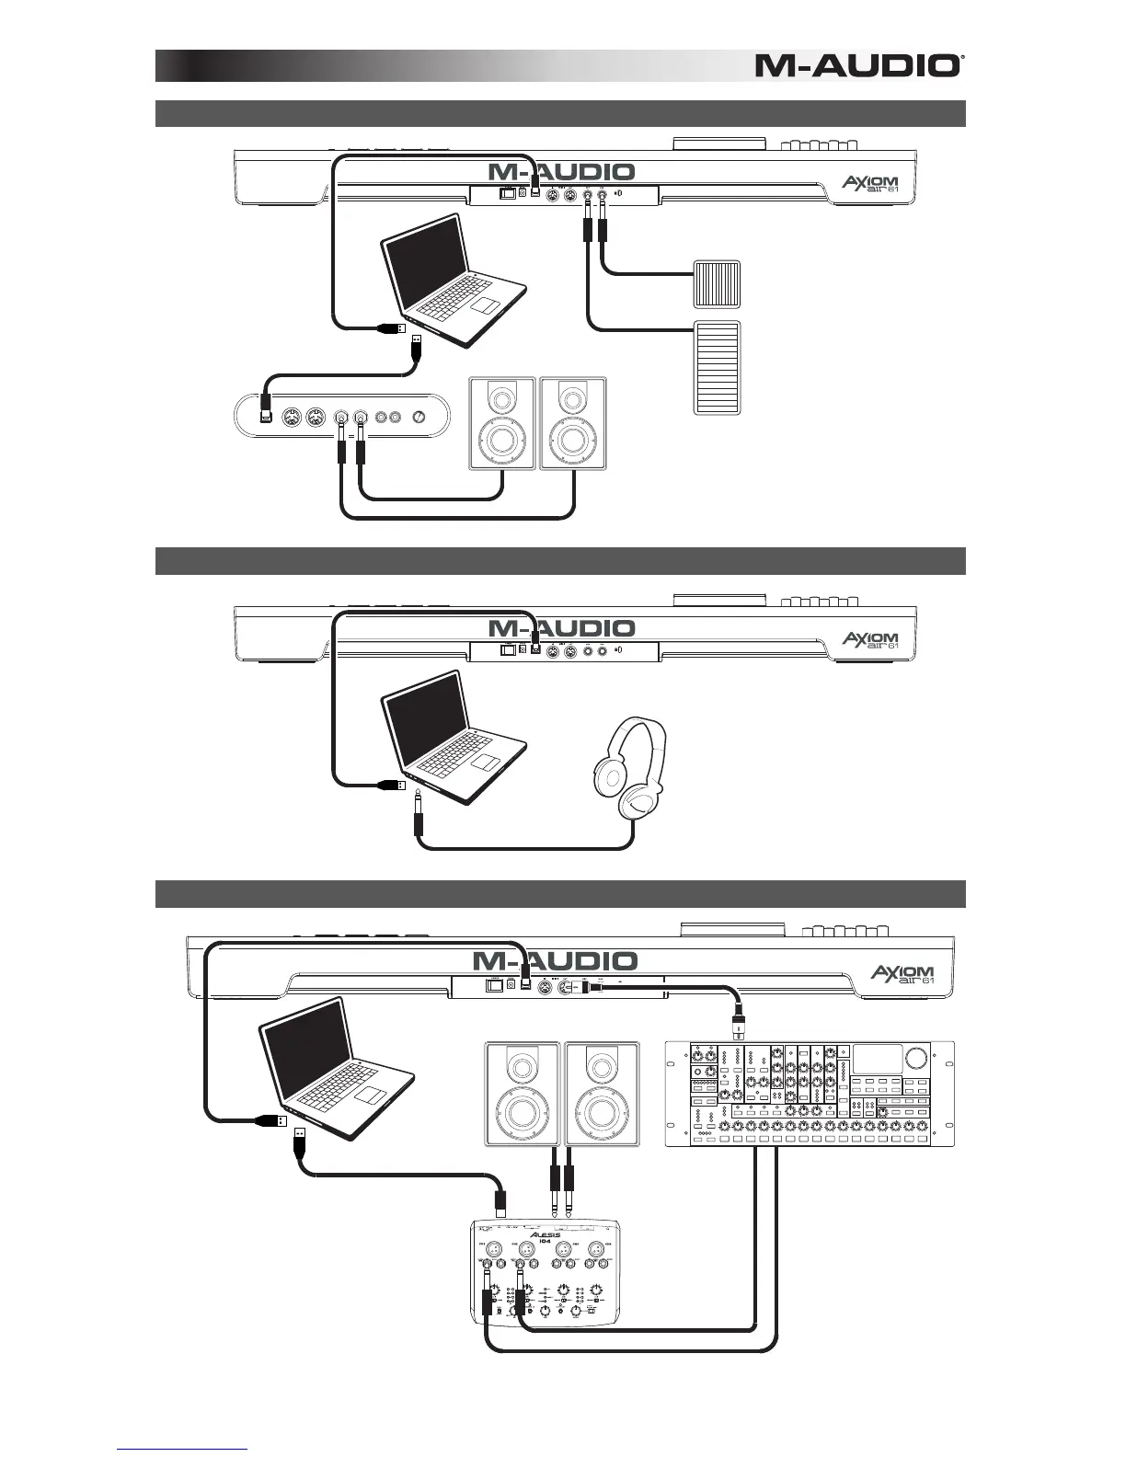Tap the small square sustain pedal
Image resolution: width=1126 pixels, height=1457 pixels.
pyautogui.click(x=716, y=283)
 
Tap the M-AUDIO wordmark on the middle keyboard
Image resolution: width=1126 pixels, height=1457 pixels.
pyautogui.click(x=561, y=629)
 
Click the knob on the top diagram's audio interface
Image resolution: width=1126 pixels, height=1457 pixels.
pyautogui.click(x=420, y=417)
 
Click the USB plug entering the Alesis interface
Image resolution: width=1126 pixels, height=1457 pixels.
pyautogui.click(x=501, y=1201)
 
